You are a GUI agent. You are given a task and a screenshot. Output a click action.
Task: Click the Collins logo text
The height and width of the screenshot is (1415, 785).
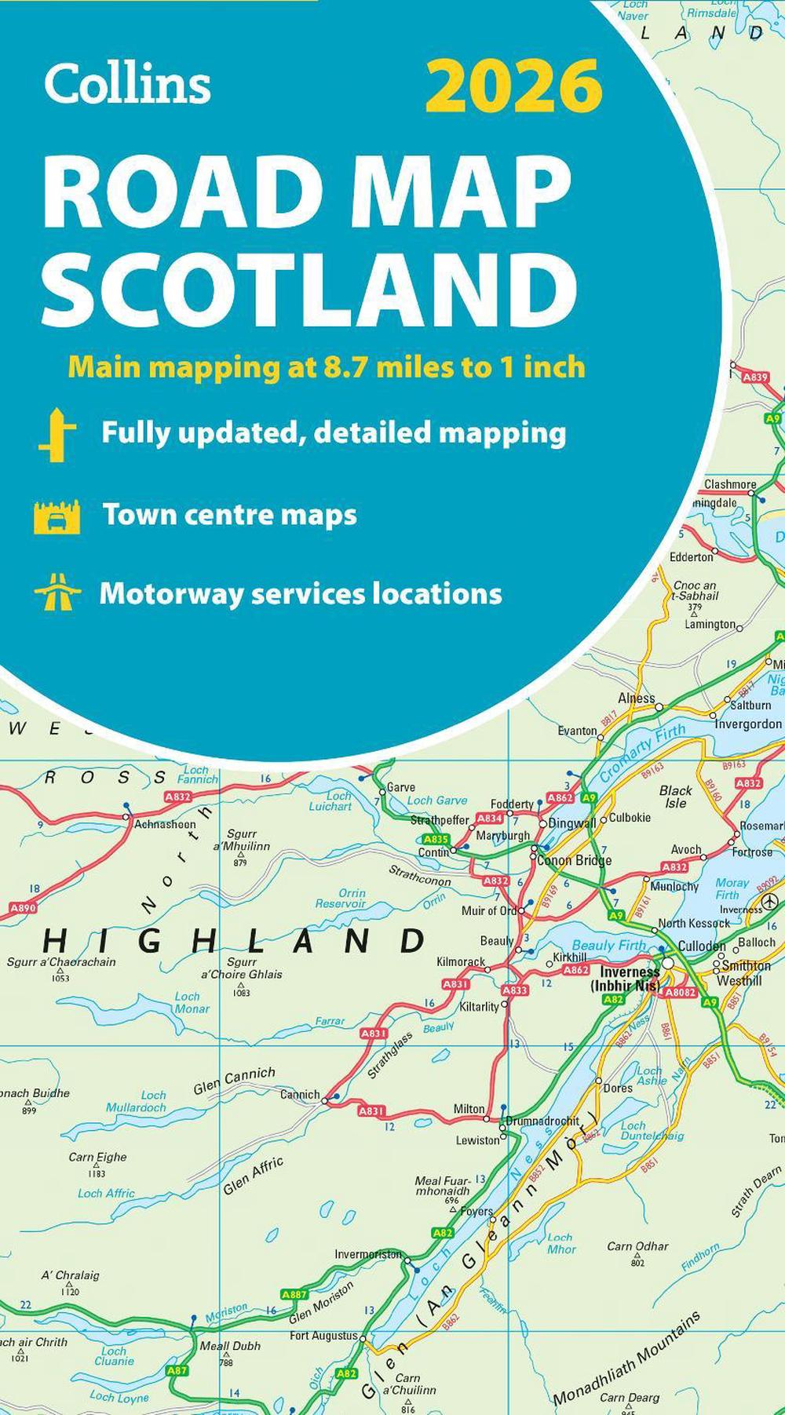pyautogui.click(x=127, y=84)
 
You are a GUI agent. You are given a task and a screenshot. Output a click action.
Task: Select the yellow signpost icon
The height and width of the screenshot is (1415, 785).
pyautogui.click(x=57, y=434)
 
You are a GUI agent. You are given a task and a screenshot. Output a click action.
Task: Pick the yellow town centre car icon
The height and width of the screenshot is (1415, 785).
pyautogui.click(x=57, y=516)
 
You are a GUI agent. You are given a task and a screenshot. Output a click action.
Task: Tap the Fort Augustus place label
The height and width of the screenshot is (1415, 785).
pyautogui.click(x=323, y=1335)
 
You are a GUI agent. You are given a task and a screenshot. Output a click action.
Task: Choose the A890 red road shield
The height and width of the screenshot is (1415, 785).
pyautogui.click(x=23, y=907)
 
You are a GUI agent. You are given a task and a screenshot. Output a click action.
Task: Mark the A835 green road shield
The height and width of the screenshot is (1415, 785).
pyautogui.click(x=435, y=839)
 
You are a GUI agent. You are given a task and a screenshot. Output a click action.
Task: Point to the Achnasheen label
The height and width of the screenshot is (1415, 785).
pyautogui.click(x=165, y=824)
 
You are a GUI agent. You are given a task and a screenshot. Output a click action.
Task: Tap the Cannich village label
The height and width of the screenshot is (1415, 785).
pyautogui.click(x=300, y=1094)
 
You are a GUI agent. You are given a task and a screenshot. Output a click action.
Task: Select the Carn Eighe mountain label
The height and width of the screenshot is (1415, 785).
pyautogui.click(x=97, y=1157)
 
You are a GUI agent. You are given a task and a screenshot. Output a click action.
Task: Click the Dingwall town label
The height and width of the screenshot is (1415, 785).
pyautogui.click(x=572, y=823)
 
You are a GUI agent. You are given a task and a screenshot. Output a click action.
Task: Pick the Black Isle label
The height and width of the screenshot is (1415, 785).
pyautogui.click(x=675, y=797)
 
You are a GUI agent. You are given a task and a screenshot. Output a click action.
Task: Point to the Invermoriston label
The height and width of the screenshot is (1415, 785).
pyautogui.click(x=368, y=1254)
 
